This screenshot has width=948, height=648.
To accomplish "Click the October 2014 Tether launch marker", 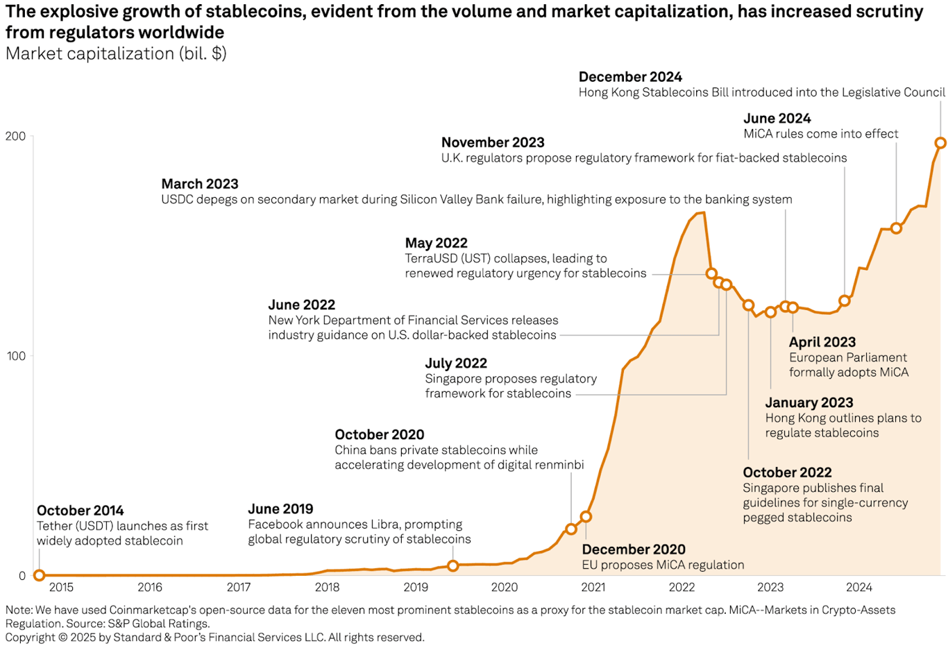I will (39, 575).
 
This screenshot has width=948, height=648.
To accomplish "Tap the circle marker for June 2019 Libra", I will (452, 565).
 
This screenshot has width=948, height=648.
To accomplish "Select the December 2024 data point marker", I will (940, 143).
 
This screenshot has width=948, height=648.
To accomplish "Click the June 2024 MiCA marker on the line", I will (896, 228).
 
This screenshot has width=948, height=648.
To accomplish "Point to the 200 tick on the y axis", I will (15, 136).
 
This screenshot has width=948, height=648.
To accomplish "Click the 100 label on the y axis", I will (15, 356).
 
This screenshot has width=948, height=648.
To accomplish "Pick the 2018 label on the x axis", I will (327, 588).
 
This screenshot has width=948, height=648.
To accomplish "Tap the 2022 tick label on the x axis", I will (682, 588).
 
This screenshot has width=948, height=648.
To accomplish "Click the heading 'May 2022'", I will (436, 243).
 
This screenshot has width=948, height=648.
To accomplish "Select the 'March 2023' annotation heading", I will (200, 184).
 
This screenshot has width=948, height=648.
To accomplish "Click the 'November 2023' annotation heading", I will (493, 142).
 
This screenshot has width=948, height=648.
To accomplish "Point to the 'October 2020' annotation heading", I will (379, 434).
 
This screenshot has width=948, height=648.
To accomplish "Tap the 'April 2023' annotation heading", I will (822, 342).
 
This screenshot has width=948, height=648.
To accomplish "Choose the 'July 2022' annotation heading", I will (455, 363).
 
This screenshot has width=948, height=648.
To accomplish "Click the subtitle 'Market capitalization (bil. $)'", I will (116, 53).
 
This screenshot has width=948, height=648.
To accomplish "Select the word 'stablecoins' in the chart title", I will (244, 12).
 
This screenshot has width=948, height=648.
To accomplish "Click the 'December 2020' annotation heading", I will (633, 549).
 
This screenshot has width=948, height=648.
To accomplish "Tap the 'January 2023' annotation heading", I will (809, 402).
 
